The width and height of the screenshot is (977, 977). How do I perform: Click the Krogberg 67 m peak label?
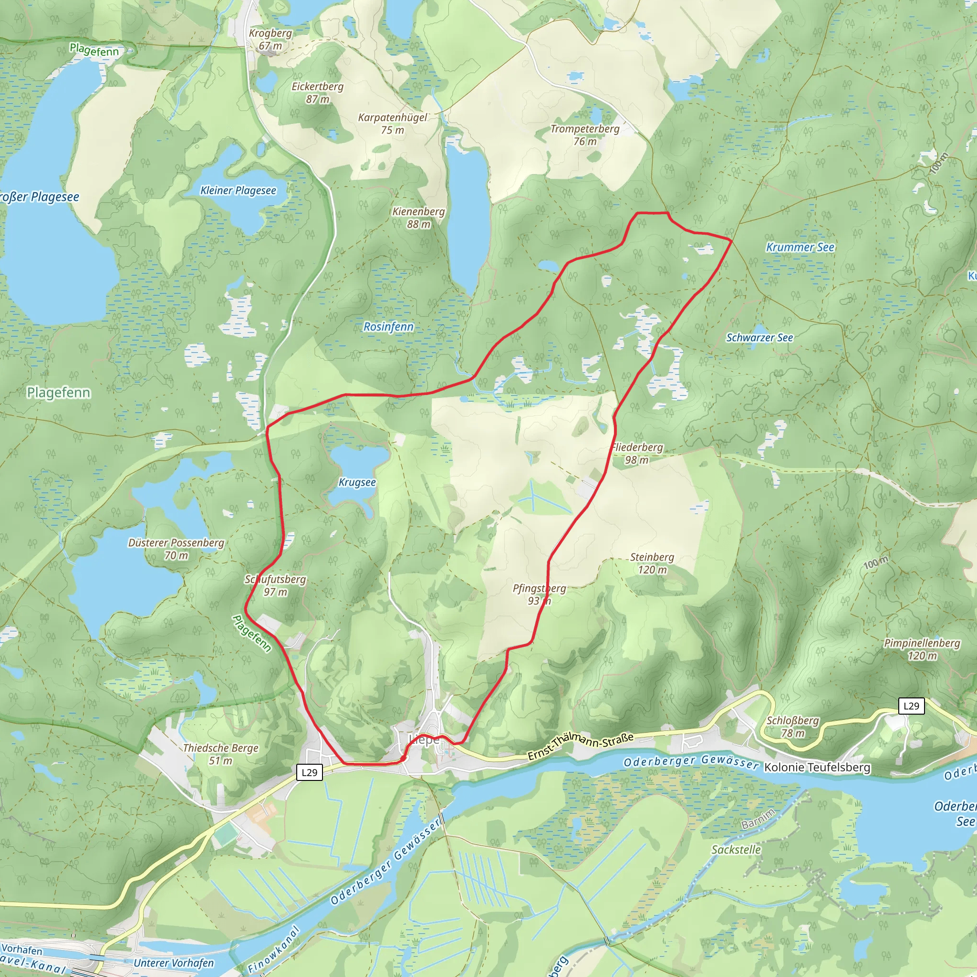point(270,40)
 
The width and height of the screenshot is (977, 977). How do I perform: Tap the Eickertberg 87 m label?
point(318,93)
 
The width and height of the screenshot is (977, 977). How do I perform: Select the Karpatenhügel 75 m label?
point(393,124)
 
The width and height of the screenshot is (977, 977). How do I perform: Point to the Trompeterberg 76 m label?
point(584,135)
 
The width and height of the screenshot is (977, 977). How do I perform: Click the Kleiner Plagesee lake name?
point(238,191)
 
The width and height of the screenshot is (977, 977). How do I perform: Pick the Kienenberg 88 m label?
point(419,218)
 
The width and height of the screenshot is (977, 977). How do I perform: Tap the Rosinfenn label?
point(388,327)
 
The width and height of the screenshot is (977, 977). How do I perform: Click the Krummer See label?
point(800,247)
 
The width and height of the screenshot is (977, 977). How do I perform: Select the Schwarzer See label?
point(759,337)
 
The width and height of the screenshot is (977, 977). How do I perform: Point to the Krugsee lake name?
point(357,482)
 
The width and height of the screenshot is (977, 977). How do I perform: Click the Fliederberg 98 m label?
point(637,453)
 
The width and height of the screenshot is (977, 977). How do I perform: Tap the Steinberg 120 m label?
point(652,563)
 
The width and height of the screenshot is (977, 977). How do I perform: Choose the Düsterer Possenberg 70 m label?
point(176,549)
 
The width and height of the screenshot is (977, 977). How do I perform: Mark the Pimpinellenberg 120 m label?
point(922,649)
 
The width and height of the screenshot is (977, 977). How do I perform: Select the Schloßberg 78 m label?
point(792,726)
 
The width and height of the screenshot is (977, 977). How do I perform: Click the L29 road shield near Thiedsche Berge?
point(309,772)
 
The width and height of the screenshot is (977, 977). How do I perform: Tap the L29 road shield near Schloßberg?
point(911,706)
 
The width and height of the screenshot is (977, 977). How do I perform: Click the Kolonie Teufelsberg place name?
point(817,767)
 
